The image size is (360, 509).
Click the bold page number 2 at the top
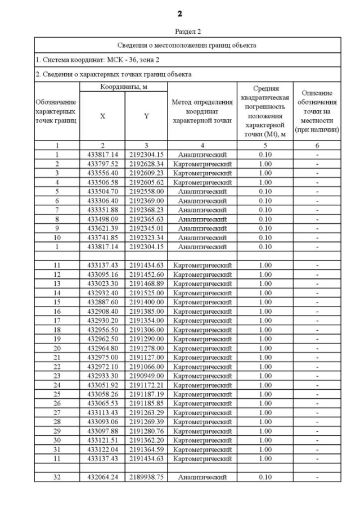180,13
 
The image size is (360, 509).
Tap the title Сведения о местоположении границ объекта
188,44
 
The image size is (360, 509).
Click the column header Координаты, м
123,87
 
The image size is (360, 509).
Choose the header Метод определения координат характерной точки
202,111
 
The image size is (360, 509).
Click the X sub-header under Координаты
102,116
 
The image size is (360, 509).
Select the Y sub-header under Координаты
146,116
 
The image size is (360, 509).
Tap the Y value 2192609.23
146,173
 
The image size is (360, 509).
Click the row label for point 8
57,219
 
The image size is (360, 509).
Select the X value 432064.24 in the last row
102,477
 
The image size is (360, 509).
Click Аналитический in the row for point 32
202,477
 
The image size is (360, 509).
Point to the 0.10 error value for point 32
265,477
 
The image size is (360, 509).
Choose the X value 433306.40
102,201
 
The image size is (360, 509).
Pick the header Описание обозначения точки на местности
317,111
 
